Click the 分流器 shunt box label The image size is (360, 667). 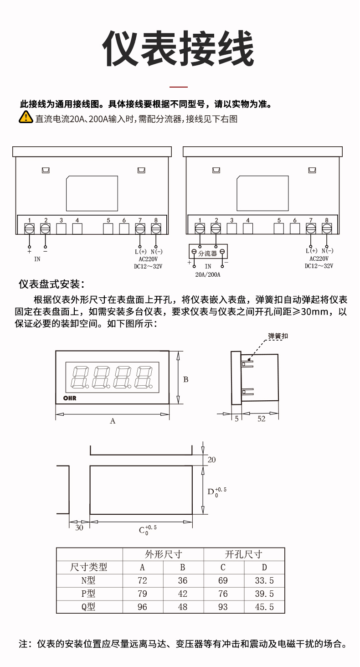point(208,253)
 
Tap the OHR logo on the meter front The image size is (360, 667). point(70,398)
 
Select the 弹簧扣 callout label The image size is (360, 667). point(278,336)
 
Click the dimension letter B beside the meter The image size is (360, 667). point(186,379)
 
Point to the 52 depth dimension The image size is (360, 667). point(261,419)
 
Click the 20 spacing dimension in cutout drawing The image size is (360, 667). point(211,460)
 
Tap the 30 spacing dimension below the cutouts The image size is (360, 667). point(79,527)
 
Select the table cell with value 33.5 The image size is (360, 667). point(264,580)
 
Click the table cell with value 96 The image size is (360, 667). point(142,607)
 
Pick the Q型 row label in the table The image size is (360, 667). point(88,607)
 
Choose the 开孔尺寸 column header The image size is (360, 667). point(244,554)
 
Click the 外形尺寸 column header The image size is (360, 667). point(163,554)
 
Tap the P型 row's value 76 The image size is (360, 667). point(223,594)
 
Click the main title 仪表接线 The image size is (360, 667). point(178,49)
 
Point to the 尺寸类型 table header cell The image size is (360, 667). point(89,567)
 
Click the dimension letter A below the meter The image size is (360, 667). point(113,421)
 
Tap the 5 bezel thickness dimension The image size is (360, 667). point(237,419)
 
